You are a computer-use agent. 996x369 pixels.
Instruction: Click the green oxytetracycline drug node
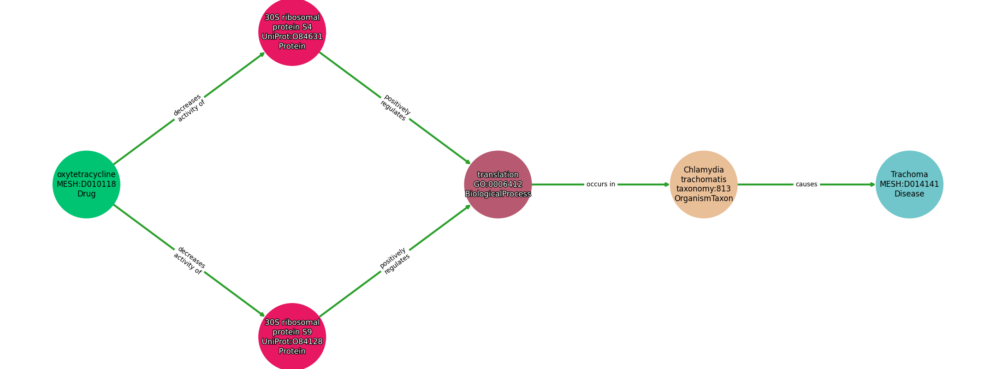click(86, 184)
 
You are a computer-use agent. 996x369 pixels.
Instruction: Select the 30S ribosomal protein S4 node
click(292, 32)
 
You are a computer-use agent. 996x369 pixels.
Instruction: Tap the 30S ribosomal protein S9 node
click(292, 337)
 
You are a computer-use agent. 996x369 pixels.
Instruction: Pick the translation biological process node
click(498, 184)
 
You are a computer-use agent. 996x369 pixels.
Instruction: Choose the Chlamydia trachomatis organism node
click(704, 184)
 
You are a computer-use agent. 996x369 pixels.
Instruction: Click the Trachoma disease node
click(909, 184)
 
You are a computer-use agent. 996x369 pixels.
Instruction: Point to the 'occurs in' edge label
click(601, 184)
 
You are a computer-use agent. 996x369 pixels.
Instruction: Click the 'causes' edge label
click(806, 184)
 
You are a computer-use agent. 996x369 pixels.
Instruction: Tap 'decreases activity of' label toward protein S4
click(189, 108)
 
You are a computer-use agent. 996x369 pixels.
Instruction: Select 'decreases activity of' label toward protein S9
click(189, 261)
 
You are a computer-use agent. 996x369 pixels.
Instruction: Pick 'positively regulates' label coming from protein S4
click(395, 108)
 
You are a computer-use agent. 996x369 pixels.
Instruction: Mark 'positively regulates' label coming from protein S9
click(395, 261)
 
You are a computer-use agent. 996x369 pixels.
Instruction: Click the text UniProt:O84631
click(292, 37)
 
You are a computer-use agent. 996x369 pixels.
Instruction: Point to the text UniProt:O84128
click(292, 342)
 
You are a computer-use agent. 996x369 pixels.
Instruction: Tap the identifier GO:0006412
click(498, 184)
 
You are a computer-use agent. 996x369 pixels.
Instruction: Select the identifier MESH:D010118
click(86, 184)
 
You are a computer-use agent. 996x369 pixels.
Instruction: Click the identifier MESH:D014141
click(909, 184)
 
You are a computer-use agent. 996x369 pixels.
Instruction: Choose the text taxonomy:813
click(704, 189)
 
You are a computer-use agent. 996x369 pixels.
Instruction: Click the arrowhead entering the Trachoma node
click(873, 184)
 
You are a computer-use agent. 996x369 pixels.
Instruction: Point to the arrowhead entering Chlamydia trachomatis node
click(667, 184)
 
